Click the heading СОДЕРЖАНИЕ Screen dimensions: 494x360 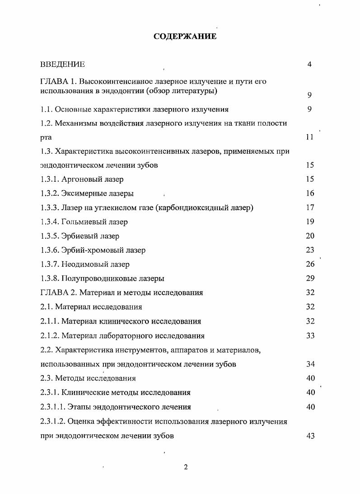pos(185,36)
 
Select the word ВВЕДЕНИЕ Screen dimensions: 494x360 pos(62,65)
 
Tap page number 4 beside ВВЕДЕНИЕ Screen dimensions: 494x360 pos(309,64)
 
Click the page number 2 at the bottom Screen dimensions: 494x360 pos(186,467)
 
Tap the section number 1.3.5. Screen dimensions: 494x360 pos(49,236)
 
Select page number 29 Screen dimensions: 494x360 pos(310,278)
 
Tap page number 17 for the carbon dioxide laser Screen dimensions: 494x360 pos(310,207)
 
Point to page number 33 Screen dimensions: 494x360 pos(310,336)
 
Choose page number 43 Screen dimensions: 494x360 pos(310,436)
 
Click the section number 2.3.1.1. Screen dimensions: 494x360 pos(52,407)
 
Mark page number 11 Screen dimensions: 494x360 pos(309,137)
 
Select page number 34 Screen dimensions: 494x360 pos(310,364)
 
